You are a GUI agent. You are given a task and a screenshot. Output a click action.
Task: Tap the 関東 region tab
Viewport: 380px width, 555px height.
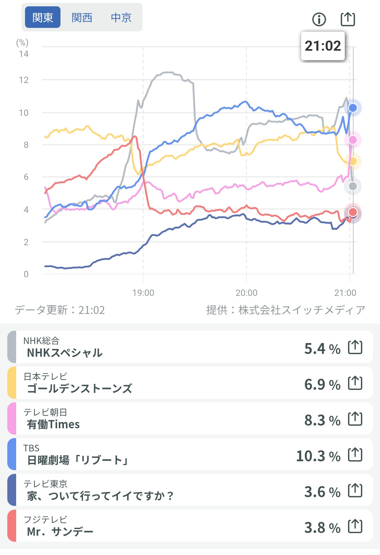tap(43, 17)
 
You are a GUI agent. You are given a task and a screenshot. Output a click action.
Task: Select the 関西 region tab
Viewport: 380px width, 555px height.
tap(82, 17)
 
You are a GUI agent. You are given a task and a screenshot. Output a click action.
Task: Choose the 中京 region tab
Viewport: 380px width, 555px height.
tap(121, 17)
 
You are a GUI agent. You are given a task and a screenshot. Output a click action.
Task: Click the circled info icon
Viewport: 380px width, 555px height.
tap(319, 19)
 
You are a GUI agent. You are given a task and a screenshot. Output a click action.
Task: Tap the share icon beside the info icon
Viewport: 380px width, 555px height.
tap(348, 19)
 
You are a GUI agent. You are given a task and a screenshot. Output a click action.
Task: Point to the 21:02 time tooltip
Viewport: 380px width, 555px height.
tap(323, 46)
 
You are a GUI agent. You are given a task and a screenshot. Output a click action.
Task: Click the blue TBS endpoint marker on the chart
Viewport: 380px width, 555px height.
tap(353, 108)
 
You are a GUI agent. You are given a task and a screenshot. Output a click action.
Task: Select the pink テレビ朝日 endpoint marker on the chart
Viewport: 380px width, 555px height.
tap(353, 140)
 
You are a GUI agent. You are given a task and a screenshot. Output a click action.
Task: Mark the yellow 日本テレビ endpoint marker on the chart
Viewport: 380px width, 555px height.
tap(353, 161)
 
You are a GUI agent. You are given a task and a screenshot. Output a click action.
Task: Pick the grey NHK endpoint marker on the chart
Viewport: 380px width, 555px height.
tap(353, 186)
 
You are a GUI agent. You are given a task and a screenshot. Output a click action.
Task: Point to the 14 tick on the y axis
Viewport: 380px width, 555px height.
tap(24, 54)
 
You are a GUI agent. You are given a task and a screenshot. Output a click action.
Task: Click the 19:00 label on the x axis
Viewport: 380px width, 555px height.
tap(143, 293)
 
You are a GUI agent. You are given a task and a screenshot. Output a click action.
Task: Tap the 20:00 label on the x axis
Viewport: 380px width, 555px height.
tap(246, 293)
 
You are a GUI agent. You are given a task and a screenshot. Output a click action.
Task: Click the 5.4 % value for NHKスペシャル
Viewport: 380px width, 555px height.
tap(322, 349)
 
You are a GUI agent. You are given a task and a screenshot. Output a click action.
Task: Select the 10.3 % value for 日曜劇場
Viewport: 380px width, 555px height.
tap(318, 456)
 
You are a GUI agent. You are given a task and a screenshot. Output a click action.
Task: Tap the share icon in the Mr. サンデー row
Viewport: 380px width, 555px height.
tap(355, 526)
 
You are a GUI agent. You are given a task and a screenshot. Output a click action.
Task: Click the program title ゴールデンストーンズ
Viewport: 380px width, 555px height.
tap(79, 388)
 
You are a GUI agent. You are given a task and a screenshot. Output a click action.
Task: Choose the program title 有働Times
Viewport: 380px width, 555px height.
tap(53, 424)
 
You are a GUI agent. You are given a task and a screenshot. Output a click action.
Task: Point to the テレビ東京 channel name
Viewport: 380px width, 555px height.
tap(45, 484)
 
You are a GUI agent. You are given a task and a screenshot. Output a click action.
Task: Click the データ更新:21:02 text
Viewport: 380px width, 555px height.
tap(60, 310)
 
